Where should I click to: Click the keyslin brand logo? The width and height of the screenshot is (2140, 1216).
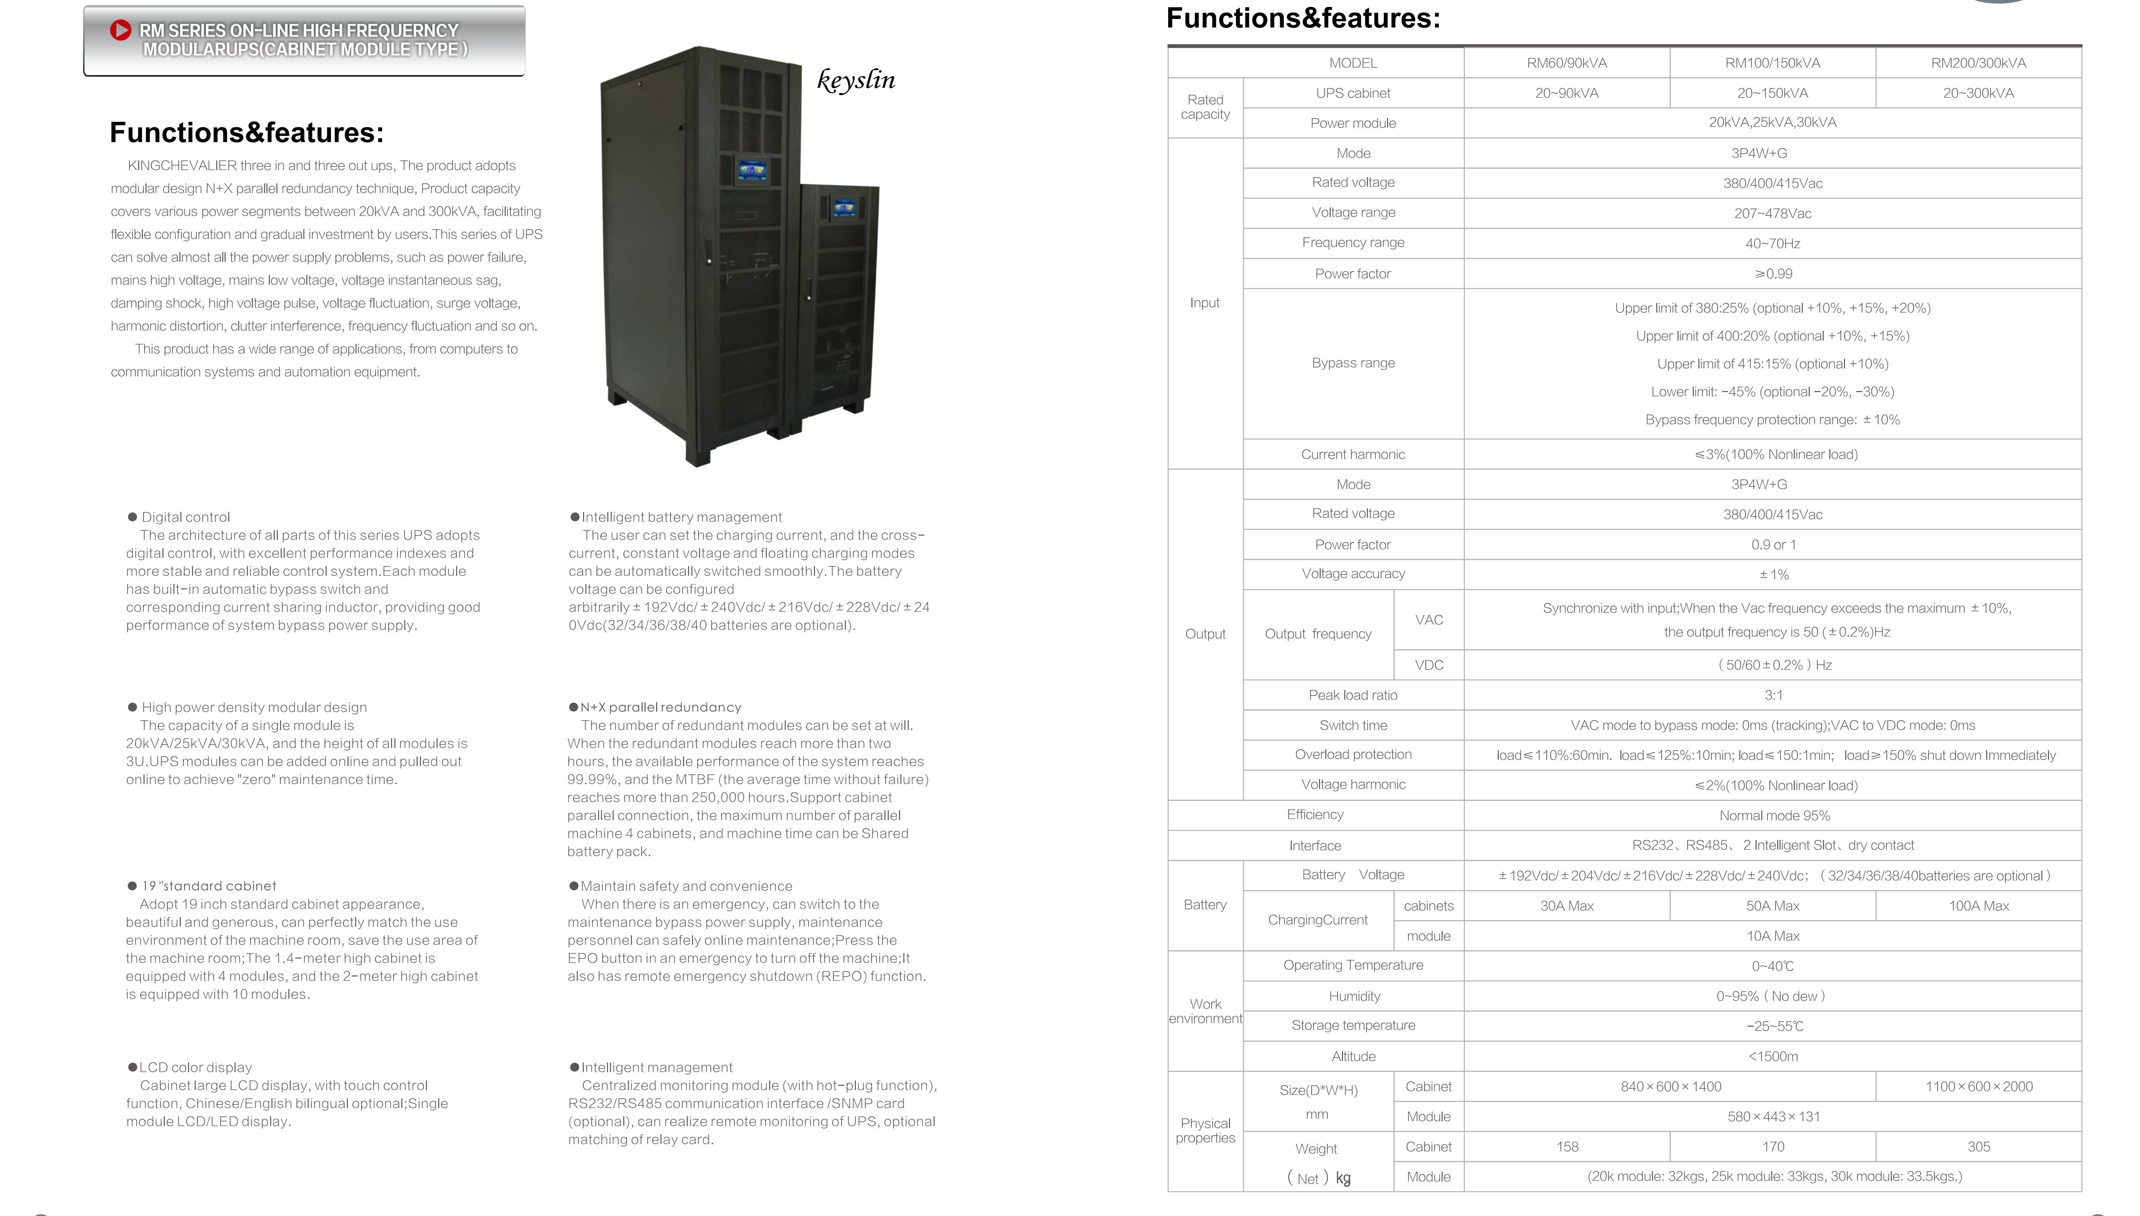(856, 80)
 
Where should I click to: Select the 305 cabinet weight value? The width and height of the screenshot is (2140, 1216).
(1978, 1147)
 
